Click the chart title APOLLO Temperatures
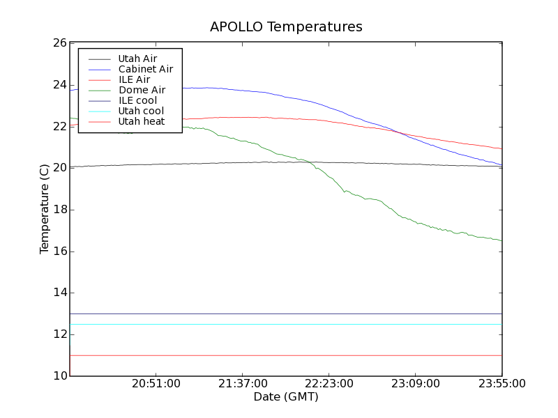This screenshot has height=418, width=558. [286, 27]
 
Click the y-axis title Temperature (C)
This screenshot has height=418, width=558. [45, 209]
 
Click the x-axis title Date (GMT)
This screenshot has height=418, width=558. [286, 396]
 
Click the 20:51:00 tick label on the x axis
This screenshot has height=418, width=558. [156, 383]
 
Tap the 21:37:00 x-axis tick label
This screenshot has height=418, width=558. [243, 383]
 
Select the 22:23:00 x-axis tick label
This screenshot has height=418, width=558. [329, 383]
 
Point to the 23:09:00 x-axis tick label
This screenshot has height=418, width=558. [416, 383]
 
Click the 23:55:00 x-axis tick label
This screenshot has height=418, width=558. [502, 383]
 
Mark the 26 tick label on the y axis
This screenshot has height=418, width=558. [59, 43]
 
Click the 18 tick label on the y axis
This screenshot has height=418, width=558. [59, 210]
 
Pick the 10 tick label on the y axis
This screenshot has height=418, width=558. [59, 376]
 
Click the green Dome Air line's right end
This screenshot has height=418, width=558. [502, 240]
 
